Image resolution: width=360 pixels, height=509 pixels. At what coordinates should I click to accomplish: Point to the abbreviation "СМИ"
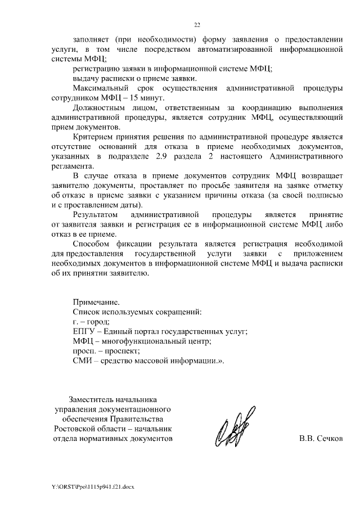click(x=83, y=361)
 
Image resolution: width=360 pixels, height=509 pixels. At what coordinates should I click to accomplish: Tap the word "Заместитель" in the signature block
click(x=91, y=399)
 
